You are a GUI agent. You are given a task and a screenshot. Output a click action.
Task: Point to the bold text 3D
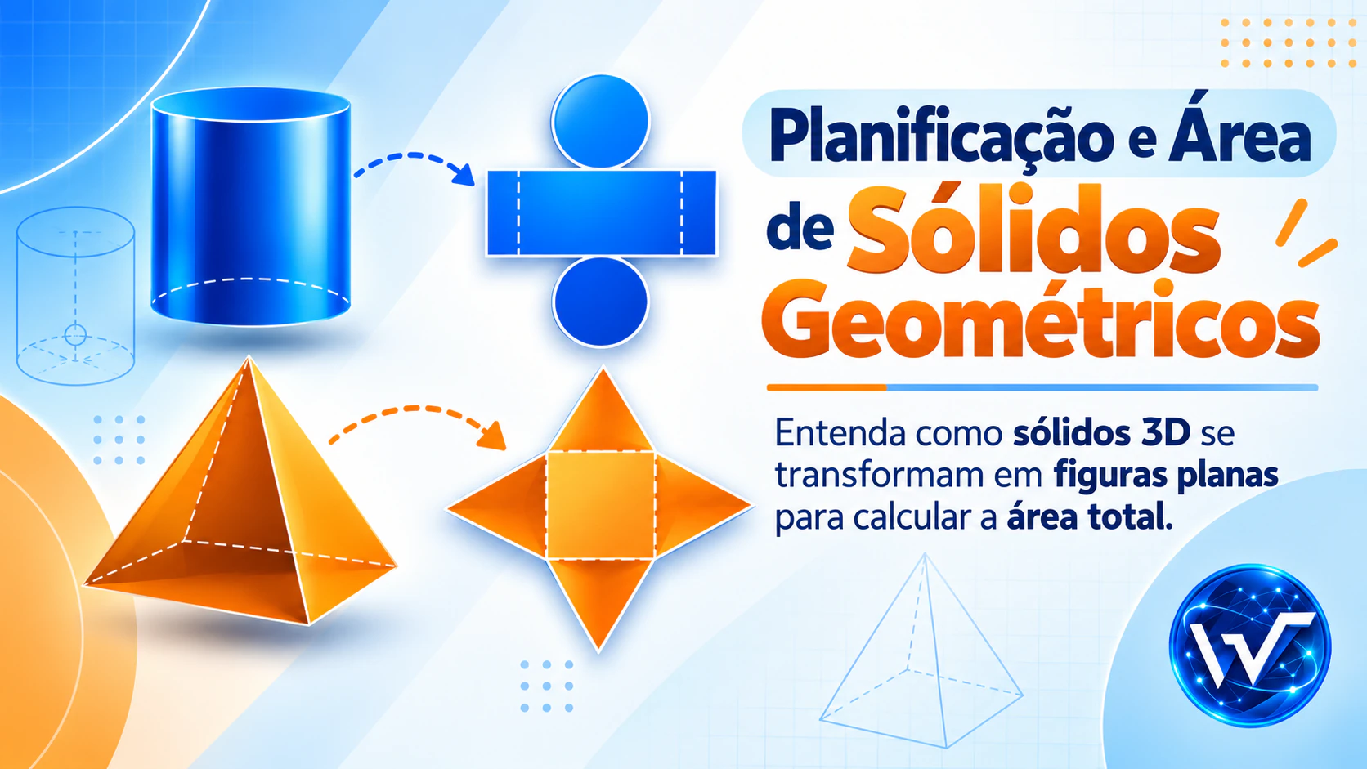(1165, 434)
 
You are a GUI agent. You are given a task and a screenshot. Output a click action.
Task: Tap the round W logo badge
(1249, 646)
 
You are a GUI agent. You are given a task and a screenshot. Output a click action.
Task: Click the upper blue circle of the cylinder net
(600, 121)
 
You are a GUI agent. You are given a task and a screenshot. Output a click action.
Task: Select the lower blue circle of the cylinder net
(600, 302)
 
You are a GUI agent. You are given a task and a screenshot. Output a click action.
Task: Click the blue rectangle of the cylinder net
(602, 212)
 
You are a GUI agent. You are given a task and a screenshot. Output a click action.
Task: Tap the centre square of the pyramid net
(601, 506)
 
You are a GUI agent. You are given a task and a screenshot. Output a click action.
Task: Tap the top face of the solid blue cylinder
(251, 105)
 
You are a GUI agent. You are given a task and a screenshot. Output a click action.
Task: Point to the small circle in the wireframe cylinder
(76, 334)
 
